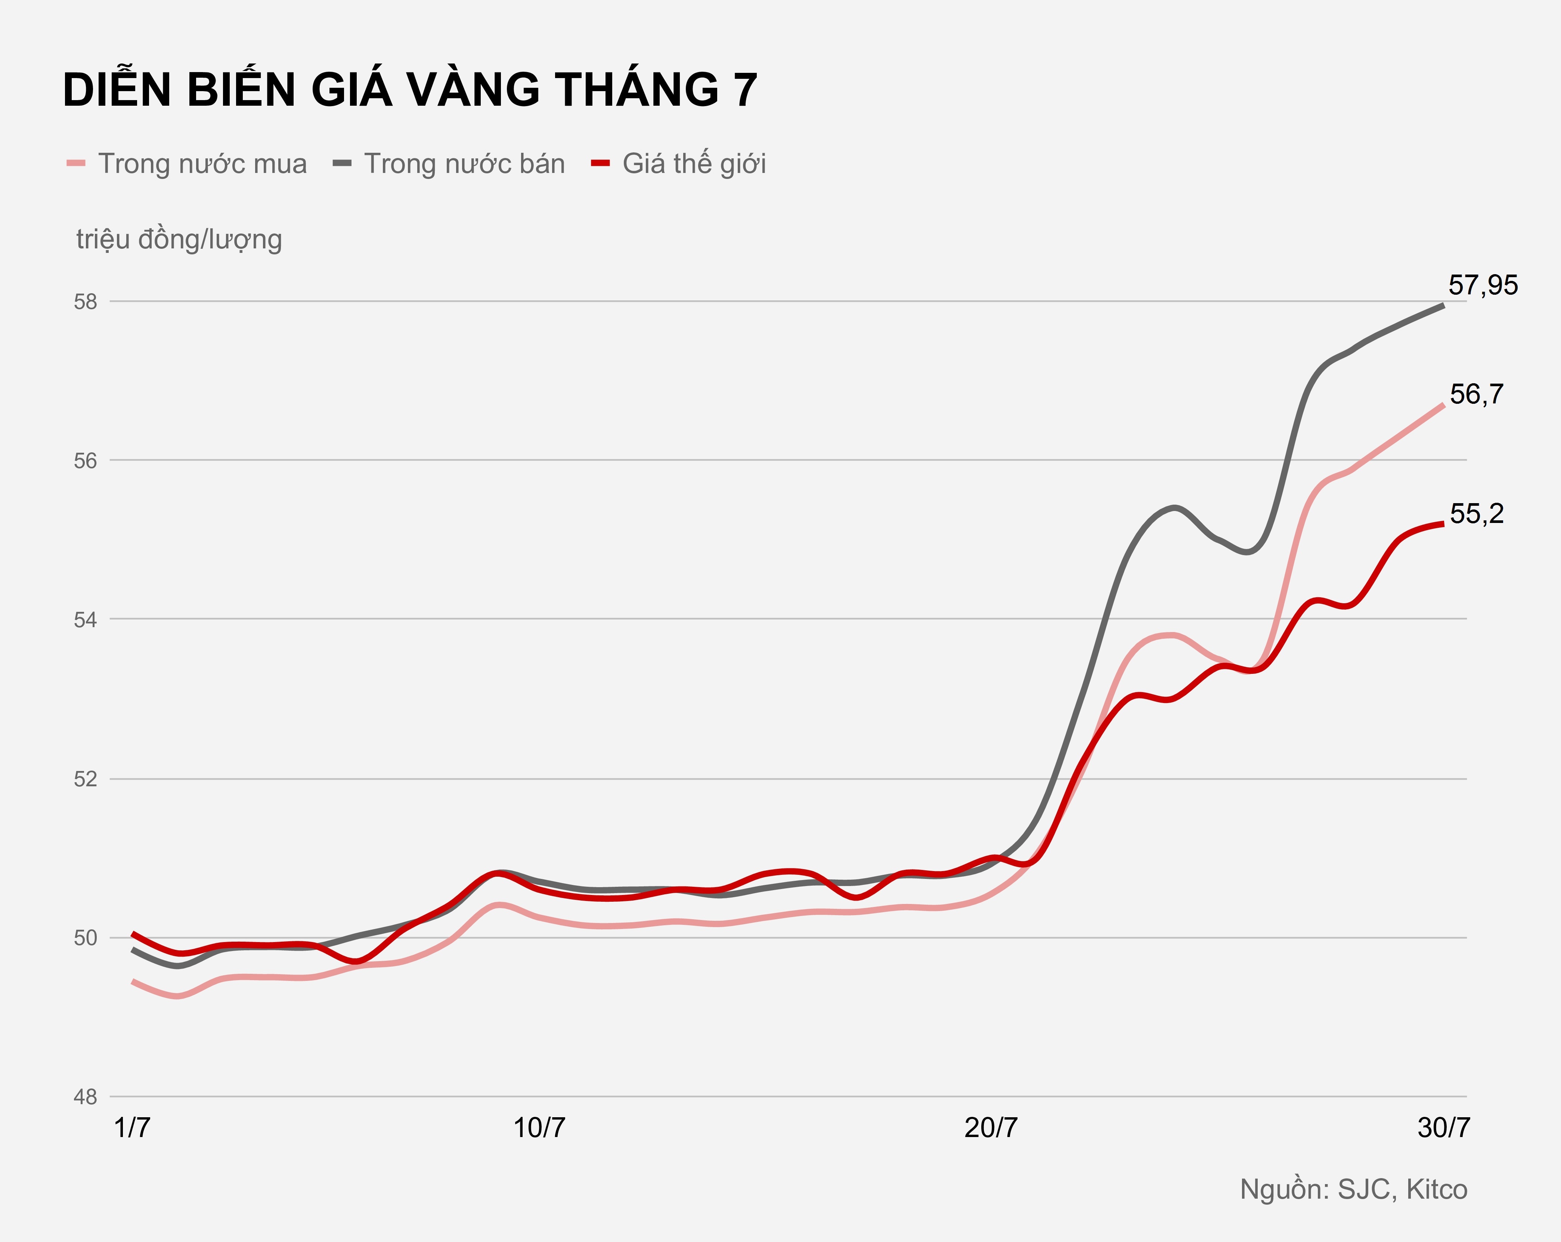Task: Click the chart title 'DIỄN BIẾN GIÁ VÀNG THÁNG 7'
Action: (x=410, y=90)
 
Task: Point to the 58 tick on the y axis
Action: (x=86, y=302)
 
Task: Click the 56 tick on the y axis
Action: (x=86, y=461)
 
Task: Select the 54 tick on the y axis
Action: (x=86, y=620)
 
